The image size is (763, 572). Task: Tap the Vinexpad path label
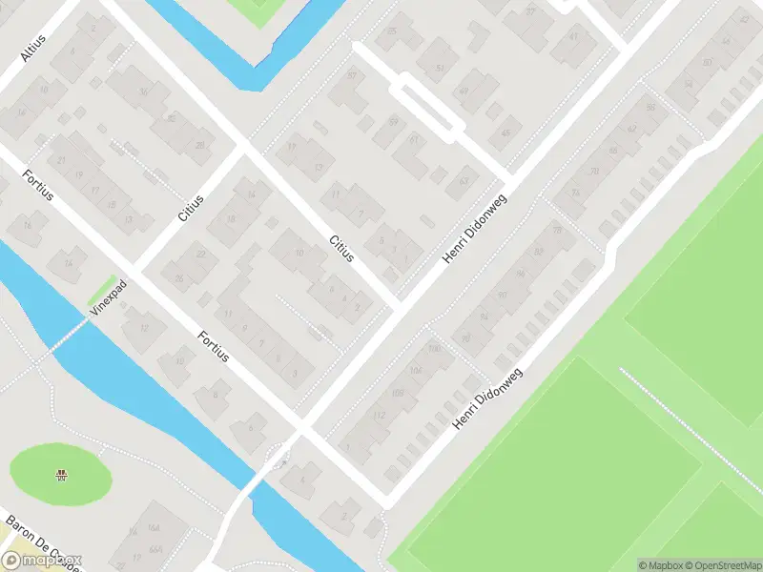[109, 297]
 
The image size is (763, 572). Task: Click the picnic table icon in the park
[62, 474]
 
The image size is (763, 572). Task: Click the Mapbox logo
[43, 561]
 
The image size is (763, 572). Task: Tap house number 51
[440, 69]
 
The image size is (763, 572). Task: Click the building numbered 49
[464, 92]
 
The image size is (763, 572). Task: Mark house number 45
[505, 133]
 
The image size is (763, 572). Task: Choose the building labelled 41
[573, 36]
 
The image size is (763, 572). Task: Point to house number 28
[199, 146]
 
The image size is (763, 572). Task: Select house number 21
[60, 159]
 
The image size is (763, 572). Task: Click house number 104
[414, 370]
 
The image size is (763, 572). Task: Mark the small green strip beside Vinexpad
[102, 287]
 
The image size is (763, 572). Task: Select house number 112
[379, 415]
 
